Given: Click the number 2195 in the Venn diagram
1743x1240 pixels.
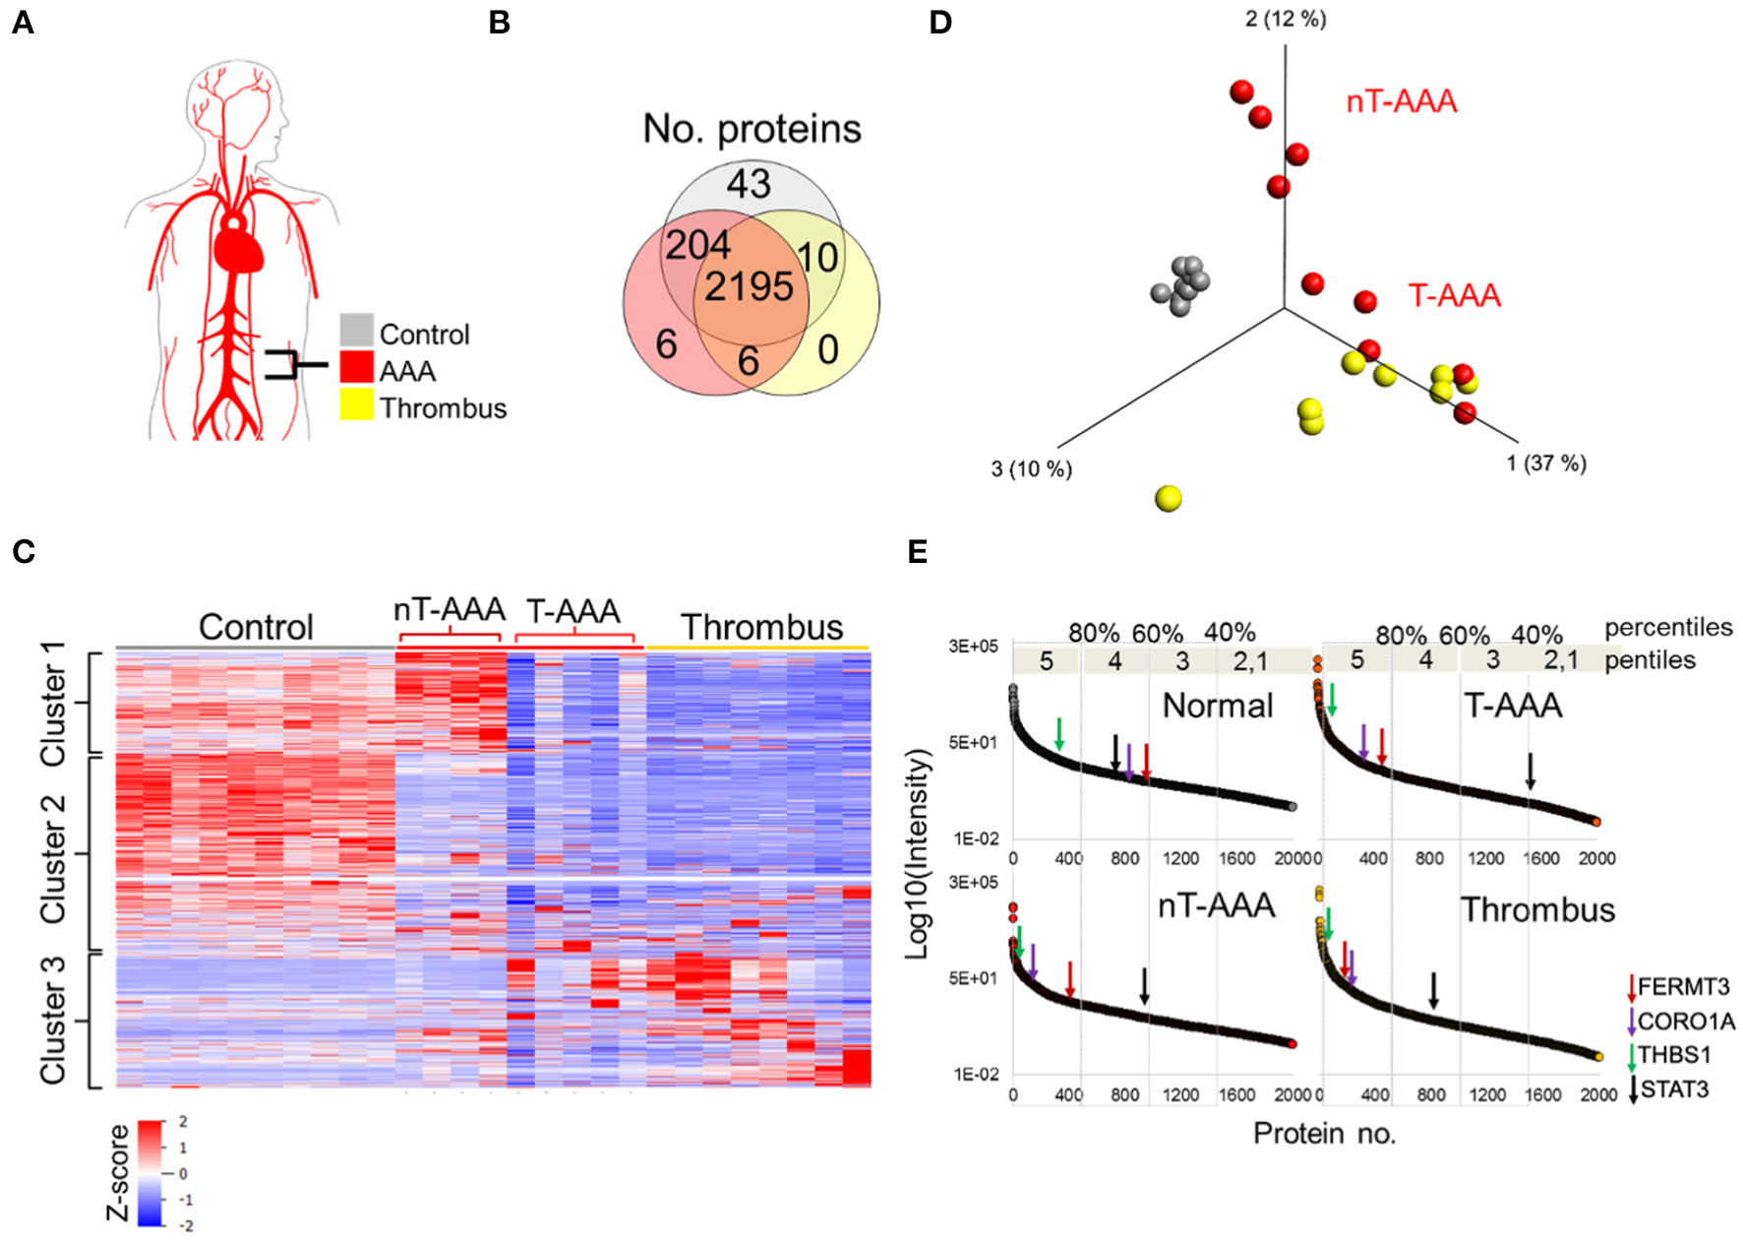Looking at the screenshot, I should [x=749, y=287].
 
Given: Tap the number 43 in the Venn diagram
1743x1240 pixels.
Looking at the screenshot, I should [x=749, y=184].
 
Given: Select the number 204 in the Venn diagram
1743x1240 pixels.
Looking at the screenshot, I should [x=697, y=245].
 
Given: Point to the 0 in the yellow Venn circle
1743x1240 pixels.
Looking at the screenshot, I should [x=828, y=349].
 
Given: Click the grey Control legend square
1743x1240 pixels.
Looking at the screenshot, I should [x=356, y=331].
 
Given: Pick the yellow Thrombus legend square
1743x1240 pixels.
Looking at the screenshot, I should [x=356, y=404].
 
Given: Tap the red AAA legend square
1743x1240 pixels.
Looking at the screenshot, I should [x=356, y=367].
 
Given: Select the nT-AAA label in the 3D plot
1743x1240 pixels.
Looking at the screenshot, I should [x=1401, y=101].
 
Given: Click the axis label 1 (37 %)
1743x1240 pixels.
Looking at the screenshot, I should [x=1545, y=464].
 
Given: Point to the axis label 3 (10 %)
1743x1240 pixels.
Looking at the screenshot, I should [x=1031, y=469].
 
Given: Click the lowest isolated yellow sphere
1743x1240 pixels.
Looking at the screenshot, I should [x=1168, y=499].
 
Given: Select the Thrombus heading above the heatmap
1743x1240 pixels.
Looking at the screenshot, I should [x=761, y=627].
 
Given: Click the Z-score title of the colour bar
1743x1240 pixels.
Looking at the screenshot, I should [x=118, y=1172].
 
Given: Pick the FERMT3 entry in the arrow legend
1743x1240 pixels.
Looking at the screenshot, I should [x=1682, y=987].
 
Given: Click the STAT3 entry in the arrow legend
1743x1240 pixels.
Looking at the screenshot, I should [x=1674, y=1089].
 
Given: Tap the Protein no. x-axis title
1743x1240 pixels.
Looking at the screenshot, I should [x=1324, y=1134].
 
